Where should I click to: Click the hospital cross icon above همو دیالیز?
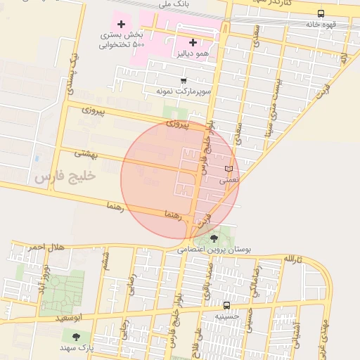coord(193,42)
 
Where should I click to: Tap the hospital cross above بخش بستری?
coord(121,25)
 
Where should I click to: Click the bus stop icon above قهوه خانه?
coord(321,13)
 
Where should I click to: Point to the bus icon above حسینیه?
coord(226,306)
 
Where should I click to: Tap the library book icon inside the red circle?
coord(229,169)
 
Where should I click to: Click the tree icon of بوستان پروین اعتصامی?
coord(214,239)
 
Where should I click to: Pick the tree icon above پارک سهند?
coord(76,337)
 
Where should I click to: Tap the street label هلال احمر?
coord(46,247)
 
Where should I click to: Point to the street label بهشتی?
coord(89,153)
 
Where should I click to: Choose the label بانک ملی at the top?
coord(174,4)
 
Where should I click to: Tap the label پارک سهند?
coord(76,348)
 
